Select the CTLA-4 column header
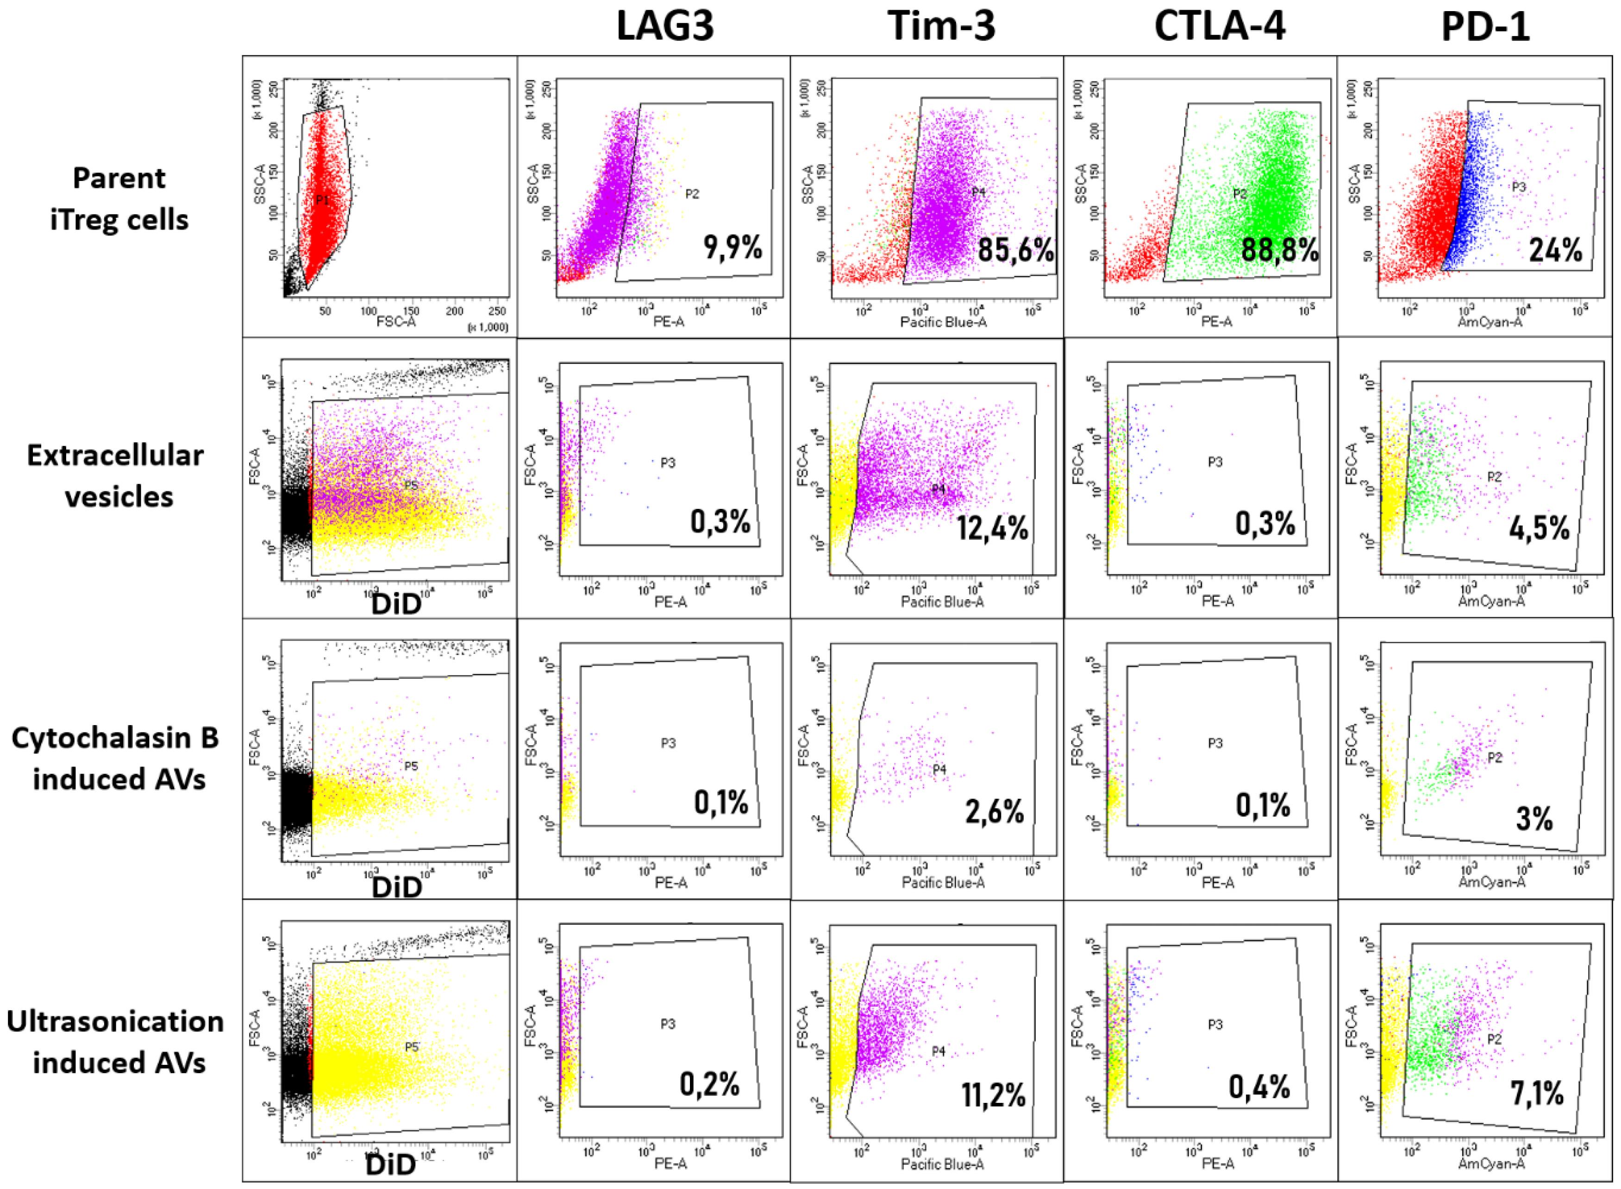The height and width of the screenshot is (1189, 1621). pos(1220,27)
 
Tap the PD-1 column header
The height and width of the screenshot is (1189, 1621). pos(1485,27)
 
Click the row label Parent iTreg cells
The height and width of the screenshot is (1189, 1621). pos(119,199)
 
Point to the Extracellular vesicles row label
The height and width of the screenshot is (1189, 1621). pos(115,476)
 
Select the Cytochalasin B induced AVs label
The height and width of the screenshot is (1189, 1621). pos(115,758)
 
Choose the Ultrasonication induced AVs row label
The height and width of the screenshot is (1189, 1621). pos(115,1041)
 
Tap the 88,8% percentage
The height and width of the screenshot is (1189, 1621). pos(1280,250)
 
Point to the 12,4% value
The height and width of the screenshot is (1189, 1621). pos(992,529)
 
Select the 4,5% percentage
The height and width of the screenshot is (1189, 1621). pos(1539,529)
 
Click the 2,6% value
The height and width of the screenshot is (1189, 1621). pos(994,811)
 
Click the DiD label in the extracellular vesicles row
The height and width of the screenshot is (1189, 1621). pos(396,605)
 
